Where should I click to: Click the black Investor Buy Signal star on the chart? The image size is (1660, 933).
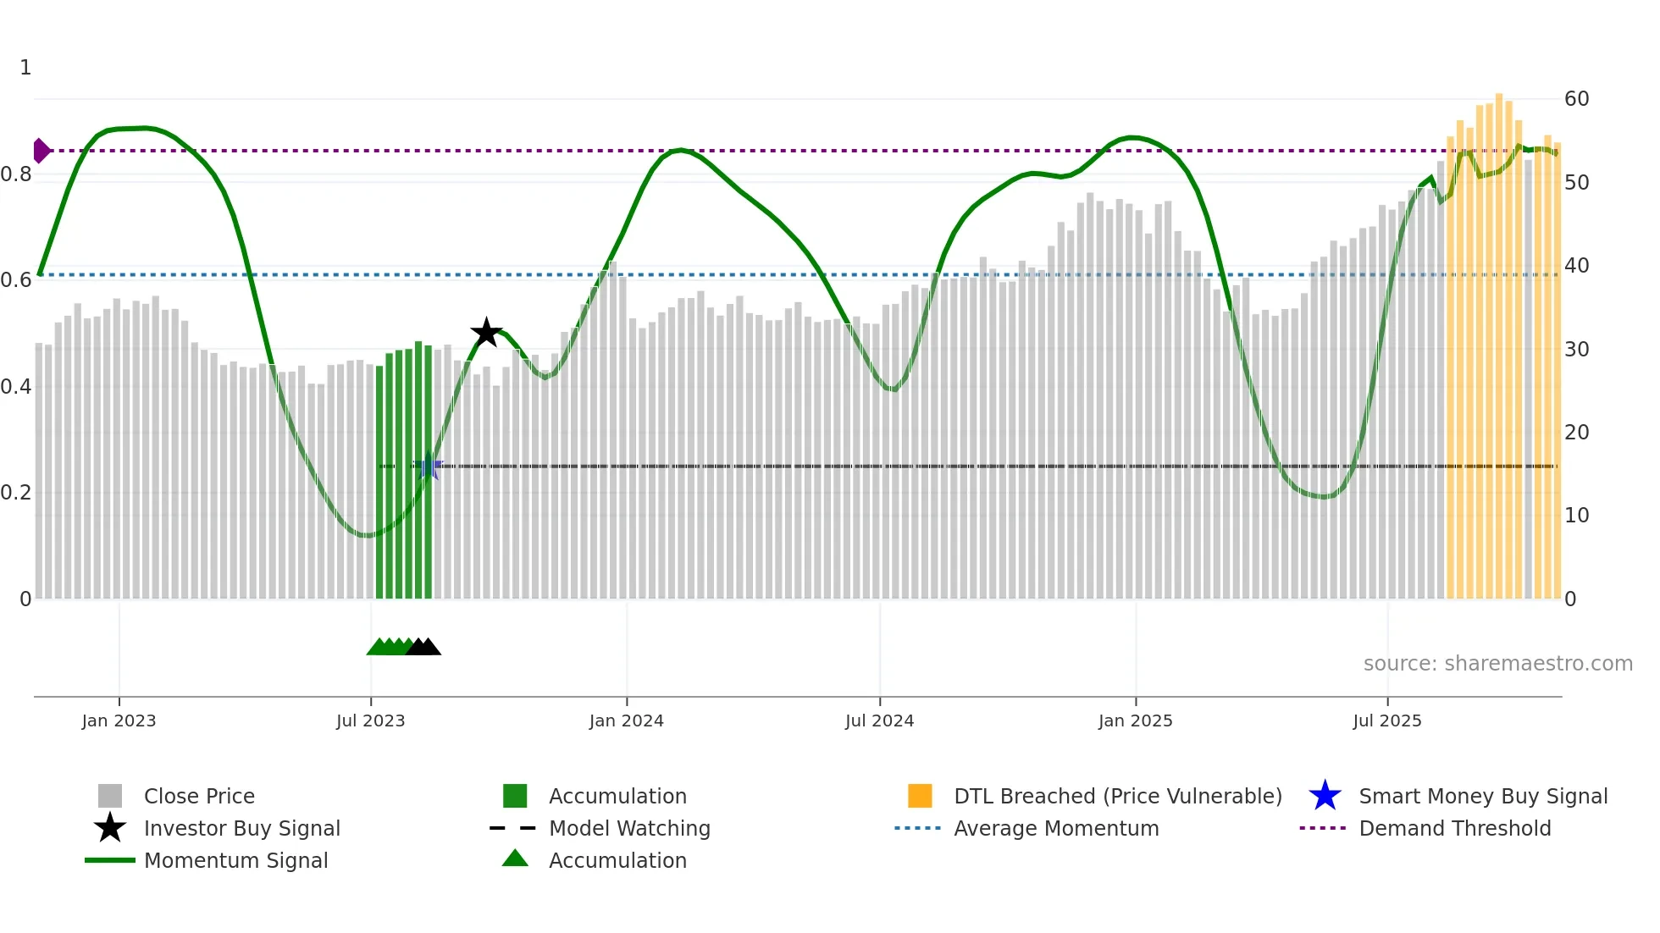[486, 333]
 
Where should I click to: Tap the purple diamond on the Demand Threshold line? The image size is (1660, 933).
[41, 151]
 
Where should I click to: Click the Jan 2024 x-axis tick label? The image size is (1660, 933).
[626, 720]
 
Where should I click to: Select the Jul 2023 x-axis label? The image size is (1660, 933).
[370, 720]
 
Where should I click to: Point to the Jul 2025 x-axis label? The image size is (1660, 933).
[1386, 720]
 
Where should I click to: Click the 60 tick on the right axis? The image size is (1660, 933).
[1576, 99]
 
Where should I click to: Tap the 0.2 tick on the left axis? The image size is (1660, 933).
[16, 493]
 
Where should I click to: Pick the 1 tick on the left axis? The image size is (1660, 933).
[25, 68]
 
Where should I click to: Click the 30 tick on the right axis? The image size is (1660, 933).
[1576, 349]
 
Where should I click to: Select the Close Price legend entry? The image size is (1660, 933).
[199, 796]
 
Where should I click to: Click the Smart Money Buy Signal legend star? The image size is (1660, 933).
[1325, 796]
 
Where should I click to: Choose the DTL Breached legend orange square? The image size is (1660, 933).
[920, 796]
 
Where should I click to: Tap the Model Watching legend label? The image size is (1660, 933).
[629, 828]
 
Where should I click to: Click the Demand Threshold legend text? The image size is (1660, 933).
[1454, 828]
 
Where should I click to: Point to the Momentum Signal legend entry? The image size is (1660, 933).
[235, 860]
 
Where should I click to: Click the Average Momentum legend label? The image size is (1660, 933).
[1056, 828]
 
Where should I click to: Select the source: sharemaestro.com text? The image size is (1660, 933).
[1497, 664]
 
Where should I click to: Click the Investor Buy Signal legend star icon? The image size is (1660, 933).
[110, 828]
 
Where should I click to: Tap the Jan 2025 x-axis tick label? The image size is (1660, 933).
[1135, 720]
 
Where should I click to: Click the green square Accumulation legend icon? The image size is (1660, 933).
[515, 796]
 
